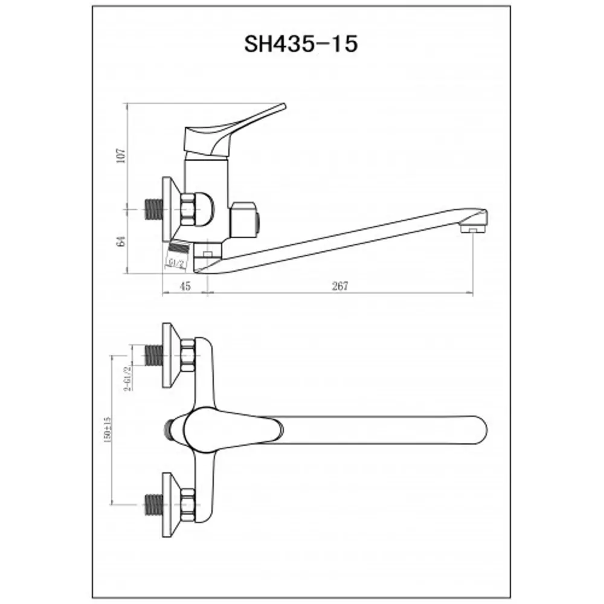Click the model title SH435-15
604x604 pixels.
[301, 44]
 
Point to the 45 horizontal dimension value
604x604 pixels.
[185, 287]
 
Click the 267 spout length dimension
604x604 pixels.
[340, 287]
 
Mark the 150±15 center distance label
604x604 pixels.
[107, 428]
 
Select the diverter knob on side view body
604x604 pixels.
[246, 219]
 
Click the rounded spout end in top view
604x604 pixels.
[477, 428]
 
